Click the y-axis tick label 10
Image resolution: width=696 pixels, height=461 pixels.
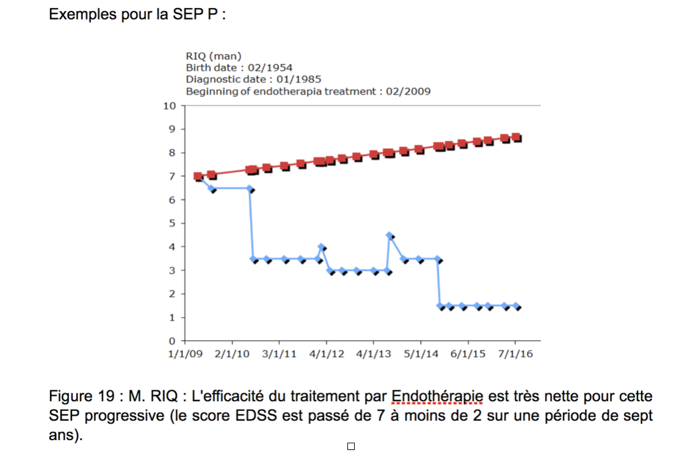[170, 106]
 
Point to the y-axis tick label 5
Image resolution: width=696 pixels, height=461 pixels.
[172, 223]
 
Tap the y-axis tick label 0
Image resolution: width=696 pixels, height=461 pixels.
[172, 341]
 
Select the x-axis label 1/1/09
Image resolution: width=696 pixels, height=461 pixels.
[185, 354]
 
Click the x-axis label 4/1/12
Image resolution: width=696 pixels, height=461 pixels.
[327, 354]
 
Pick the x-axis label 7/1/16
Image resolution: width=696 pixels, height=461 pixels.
[515, 354]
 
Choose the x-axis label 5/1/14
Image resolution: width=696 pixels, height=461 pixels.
[421, 354]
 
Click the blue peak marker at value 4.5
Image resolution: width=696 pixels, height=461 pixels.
[390, 235]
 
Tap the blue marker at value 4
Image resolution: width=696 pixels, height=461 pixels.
[321, 247]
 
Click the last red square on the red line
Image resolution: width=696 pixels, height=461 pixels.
[517, 138]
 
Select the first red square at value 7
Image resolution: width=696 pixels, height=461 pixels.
[198, 177]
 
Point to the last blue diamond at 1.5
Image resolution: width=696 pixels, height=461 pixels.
[517, 306]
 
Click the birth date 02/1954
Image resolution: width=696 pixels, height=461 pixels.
[270, 68]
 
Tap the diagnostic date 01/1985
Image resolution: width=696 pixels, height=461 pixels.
[299, 79]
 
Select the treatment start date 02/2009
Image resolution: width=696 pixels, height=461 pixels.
[408, 91]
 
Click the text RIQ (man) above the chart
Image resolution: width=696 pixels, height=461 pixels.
[214, 56]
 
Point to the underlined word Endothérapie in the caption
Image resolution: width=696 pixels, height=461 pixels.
[437, 396]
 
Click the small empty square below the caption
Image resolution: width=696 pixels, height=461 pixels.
[351, 446]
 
